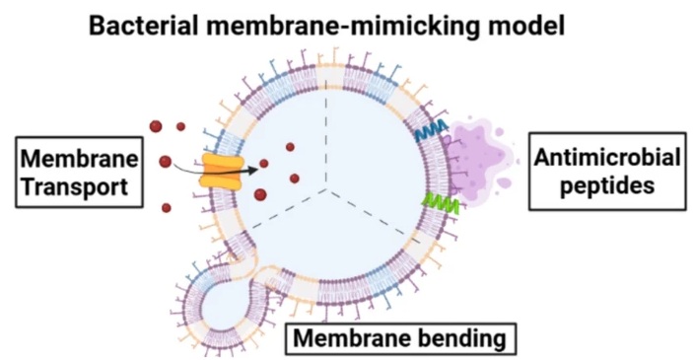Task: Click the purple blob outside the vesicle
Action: point(480,153)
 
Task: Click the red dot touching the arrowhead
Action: point(263,164)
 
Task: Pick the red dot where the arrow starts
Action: point(165,161)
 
